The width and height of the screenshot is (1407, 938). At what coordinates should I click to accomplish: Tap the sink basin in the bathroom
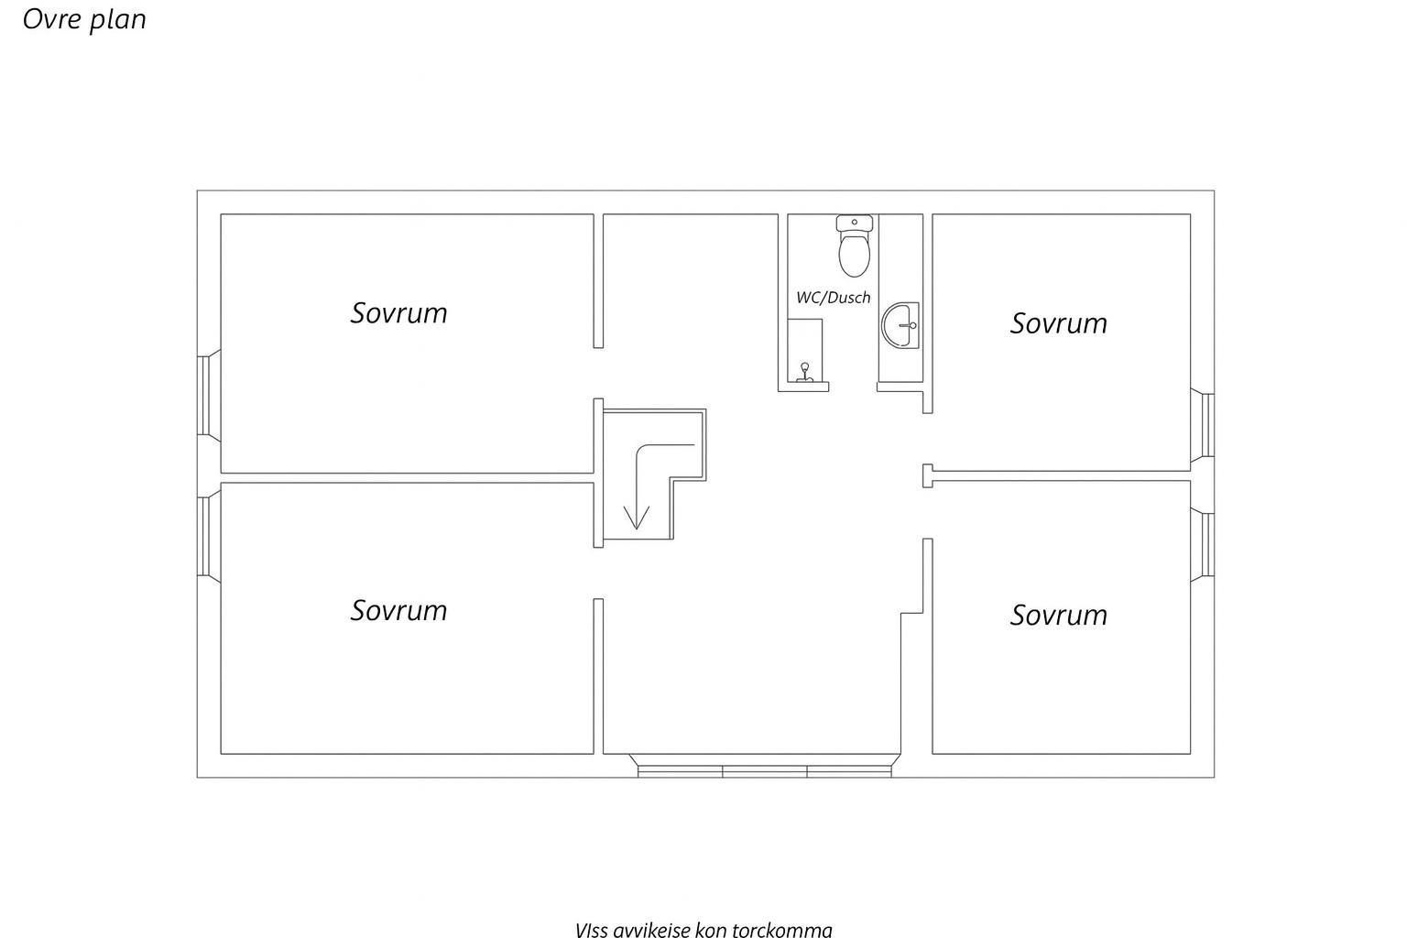tap(900, 325)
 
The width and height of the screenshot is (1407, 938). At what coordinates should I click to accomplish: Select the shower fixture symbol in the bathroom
tap(804, 373)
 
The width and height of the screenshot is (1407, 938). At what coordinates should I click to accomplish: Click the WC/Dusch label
tap(833, 297)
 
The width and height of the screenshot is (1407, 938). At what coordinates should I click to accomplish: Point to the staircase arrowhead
tap(637, 518)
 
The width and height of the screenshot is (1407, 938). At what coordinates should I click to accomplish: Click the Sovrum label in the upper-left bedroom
tap(398, 313)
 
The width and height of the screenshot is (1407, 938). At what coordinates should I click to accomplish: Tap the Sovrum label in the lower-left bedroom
tap(398, 610)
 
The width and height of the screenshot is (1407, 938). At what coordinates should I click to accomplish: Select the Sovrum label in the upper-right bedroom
tap(1058, 323)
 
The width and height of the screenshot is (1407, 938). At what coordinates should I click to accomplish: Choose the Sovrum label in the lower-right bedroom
tap(1058, 615)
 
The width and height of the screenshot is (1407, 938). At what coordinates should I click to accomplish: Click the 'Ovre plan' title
tap(84, 19)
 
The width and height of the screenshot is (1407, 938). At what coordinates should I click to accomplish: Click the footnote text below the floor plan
tap(703, 929)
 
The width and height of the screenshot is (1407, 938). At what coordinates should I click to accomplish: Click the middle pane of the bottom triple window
tap(765, 771)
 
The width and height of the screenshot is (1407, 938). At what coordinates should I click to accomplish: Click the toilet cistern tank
tap(855, 223)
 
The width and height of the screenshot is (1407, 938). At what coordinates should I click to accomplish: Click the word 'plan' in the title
tap(118, 21)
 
